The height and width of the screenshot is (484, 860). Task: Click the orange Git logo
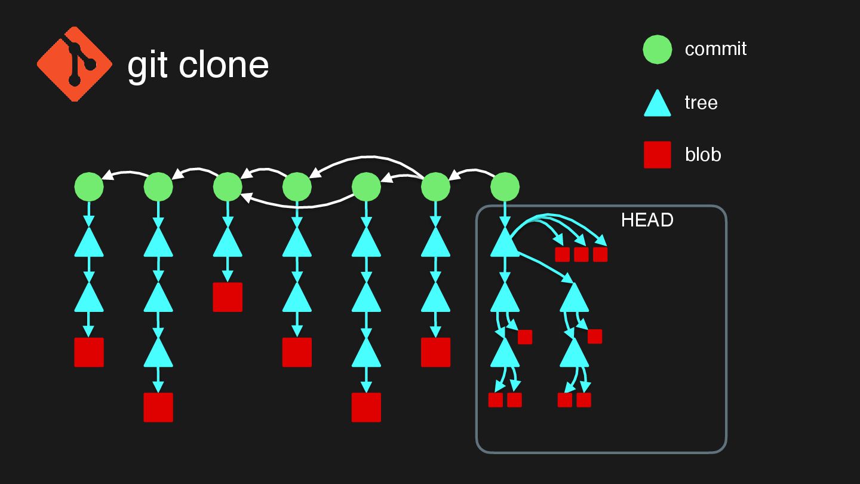click(75, 63)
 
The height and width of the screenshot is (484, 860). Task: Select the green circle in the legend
click(658, 49)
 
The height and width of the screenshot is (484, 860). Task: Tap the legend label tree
click(701, 103)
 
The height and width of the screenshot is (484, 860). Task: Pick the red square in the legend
click(658, 155)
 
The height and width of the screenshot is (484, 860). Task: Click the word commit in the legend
click(715, 48)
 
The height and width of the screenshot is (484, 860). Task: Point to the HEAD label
click(647, 220)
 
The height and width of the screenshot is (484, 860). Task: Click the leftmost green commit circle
click(89, 187)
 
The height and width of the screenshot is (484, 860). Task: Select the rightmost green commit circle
click(505, 187)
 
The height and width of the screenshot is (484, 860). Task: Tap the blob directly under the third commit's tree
click(228, 297)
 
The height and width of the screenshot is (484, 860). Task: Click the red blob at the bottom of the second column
click(158, 407)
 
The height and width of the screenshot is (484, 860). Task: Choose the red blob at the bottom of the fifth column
click(366, 407)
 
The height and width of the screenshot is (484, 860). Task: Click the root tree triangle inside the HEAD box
click(505, 243)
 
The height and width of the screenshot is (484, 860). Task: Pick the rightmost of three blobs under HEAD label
click(600, 255)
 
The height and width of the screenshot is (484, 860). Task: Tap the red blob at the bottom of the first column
click(89, 352)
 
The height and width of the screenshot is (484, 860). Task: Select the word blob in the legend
click(703, 155)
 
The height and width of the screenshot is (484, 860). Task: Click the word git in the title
click(147, 66)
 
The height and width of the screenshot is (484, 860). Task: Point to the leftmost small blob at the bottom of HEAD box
click(496, 400)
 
